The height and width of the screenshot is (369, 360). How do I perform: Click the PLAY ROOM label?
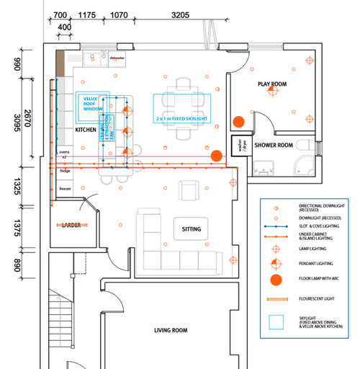pyautogui.click(x=273, y=84)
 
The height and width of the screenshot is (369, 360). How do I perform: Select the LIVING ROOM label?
pyautogui.click(x=171, y=331)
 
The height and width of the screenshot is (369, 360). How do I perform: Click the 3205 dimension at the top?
pyautogui.click(x=181, y=14)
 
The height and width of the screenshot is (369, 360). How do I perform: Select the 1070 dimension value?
pyautogui.click(x=120, y=14)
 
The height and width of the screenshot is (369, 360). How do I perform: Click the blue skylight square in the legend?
pyautogui.click(x=274, y=322)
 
